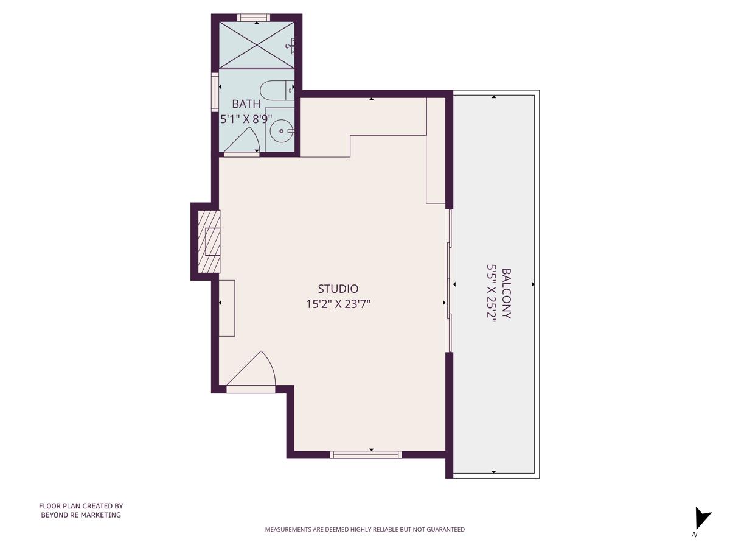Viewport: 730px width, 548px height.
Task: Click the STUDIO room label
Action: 338,289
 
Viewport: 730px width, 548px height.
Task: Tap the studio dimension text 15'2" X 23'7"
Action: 338,304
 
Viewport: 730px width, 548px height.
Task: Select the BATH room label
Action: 246,104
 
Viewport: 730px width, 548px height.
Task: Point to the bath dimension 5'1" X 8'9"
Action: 246,119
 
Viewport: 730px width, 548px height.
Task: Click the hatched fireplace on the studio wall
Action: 209,241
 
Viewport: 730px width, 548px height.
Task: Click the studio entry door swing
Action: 255,371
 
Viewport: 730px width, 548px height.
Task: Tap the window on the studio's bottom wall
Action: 366,454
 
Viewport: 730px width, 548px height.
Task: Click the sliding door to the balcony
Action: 450,281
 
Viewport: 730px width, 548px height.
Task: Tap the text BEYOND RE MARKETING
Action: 81,515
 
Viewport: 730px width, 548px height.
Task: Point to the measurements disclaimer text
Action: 364,529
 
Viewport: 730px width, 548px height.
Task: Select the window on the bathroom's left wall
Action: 215,91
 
